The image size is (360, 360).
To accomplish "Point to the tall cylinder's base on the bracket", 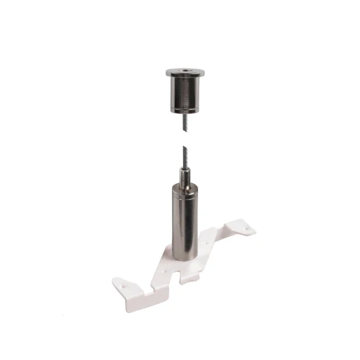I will tap(185, 260).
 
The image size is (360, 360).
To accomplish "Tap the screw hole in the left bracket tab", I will tap(125, 285).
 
